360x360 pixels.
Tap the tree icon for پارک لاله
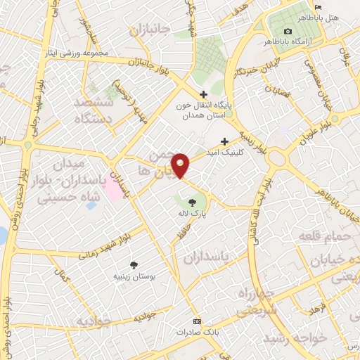click(183, 203)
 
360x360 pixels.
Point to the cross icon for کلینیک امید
click(225, 141)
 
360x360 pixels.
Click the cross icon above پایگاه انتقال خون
click(203, 95)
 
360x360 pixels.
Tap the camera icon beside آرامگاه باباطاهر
click(288, 31)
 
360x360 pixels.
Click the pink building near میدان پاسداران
click(112, 191)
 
